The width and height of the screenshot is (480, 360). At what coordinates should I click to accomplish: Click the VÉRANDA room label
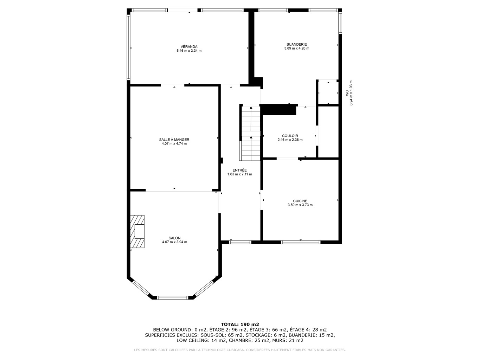click(189, 46)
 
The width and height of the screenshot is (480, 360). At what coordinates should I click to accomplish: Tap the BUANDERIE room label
click(296, 44)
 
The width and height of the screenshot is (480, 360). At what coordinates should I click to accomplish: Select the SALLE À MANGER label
click(174, 140)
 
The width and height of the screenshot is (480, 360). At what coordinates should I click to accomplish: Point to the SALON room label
click(174, 238)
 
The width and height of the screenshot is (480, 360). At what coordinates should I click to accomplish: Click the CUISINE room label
click(300, 201)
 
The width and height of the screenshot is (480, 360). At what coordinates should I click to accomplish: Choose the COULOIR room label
click(290, 136)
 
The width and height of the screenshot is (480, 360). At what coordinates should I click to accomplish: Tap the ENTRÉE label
click(239, 170)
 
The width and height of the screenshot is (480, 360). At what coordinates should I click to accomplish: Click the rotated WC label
click(347, 93)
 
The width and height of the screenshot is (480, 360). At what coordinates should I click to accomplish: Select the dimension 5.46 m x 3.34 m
click(189, 51)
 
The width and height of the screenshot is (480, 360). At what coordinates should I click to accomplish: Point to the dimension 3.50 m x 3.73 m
click(300, 205)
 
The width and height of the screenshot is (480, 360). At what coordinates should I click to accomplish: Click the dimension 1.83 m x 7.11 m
click(240, 174)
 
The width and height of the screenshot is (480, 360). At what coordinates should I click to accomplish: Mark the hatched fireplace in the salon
click(137, 231)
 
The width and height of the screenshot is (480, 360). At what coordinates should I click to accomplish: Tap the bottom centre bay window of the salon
click(173, 298)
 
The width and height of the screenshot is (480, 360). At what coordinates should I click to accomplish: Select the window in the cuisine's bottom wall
click(300, 242)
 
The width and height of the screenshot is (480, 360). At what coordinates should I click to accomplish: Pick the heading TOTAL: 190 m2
click(240, 324)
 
